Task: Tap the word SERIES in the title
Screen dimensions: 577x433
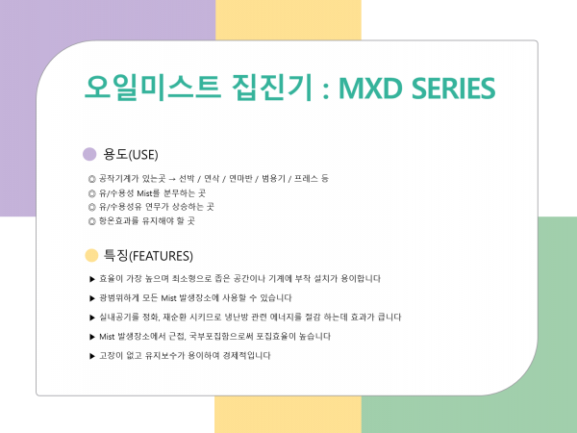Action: [453, 89]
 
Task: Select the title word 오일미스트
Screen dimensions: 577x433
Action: [153, 88]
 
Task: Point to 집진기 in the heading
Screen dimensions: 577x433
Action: [272, 88]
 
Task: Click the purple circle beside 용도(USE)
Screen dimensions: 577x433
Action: [89, 154]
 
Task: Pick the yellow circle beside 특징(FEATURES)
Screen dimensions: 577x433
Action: [91, 256]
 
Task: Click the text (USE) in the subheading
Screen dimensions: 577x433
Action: [143, 155]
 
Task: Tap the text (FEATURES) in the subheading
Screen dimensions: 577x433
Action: [161, 256]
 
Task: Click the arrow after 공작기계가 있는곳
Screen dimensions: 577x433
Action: [172, 179]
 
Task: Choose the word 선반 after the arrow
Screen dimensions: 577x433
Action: [187, 179]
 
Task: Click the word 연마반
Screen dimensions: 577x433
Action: [240, 179]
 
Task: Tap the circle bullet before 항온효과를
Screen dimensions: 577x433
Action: [92, 221]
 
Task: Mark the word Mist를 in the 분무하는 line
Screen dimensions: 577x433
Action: [148, 193]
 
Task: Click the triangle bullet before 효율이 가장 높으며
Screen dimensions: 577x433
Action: [92, 279]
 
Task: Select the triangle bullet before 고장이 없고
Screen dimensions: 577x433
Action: [92, 356]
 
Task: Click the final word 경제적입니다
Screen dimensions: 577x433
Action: [246, 356]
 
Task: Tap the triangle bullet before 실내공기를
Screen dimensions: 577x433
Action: [92, 318]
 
